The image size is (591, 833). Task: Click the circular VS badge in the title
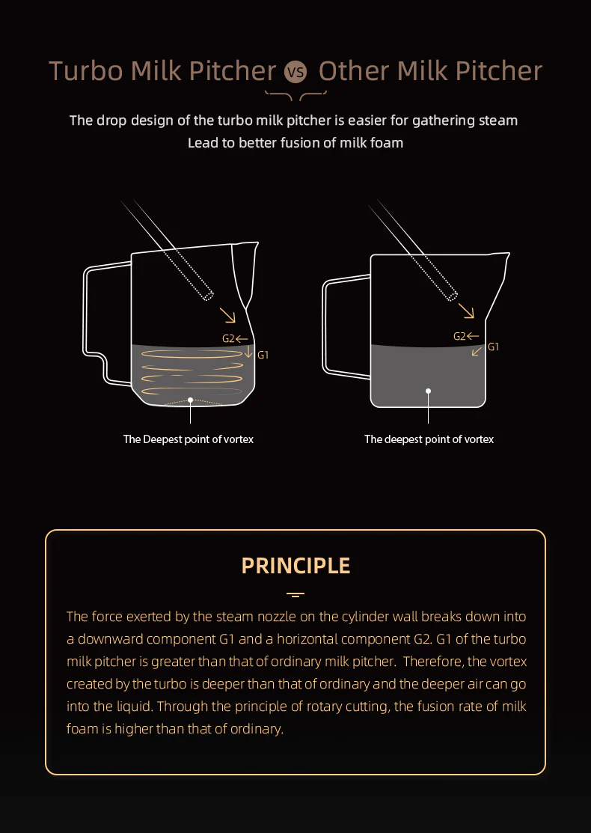pyautogui.click(x=296, y=73)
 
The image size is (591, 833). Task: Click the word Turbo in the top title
pyautogui.click(x=86, y=71)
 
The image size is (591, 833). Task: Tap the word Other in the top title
pyautogui.click(x=354, y=71)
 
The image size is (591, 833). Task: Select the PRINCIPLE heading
pyautogui.click(x=295, y=565)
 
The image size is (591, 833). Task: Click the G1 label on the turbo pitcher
pyautogui.click(x=263, y=355)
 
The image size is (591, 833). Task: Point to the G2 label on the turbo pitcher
pyautogui.click(x=228, y=338)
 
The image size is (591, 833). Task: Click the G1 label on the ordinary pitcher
pyautogui.click(x=493, y=347)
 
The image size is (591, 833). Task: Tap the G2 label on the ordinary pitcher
pyautogui.click(x=459, y=336)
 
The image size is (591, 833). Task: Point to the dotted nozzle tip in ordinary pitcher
pyautogui.click(x=450, y=293)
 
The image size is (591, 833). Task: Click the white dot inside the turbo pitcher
pyautogui.click(x=191, y=400)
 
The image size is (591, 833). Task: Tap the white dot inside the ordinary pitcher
pyautogui.click(x=429, y=391)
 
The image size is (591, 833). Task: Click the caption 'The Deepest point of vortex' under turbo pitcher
pyautogui.click(x=189, y=439)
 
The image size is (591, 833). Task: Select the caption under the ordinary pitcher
pyautogui.click(x=429, y=439)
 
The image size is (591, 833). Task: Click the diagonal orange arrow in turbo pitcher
pyautogui.click(x=227, y=314)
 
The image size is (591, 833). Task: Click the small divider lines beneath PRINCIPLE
pyautogui.click(x=295, y=595)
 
